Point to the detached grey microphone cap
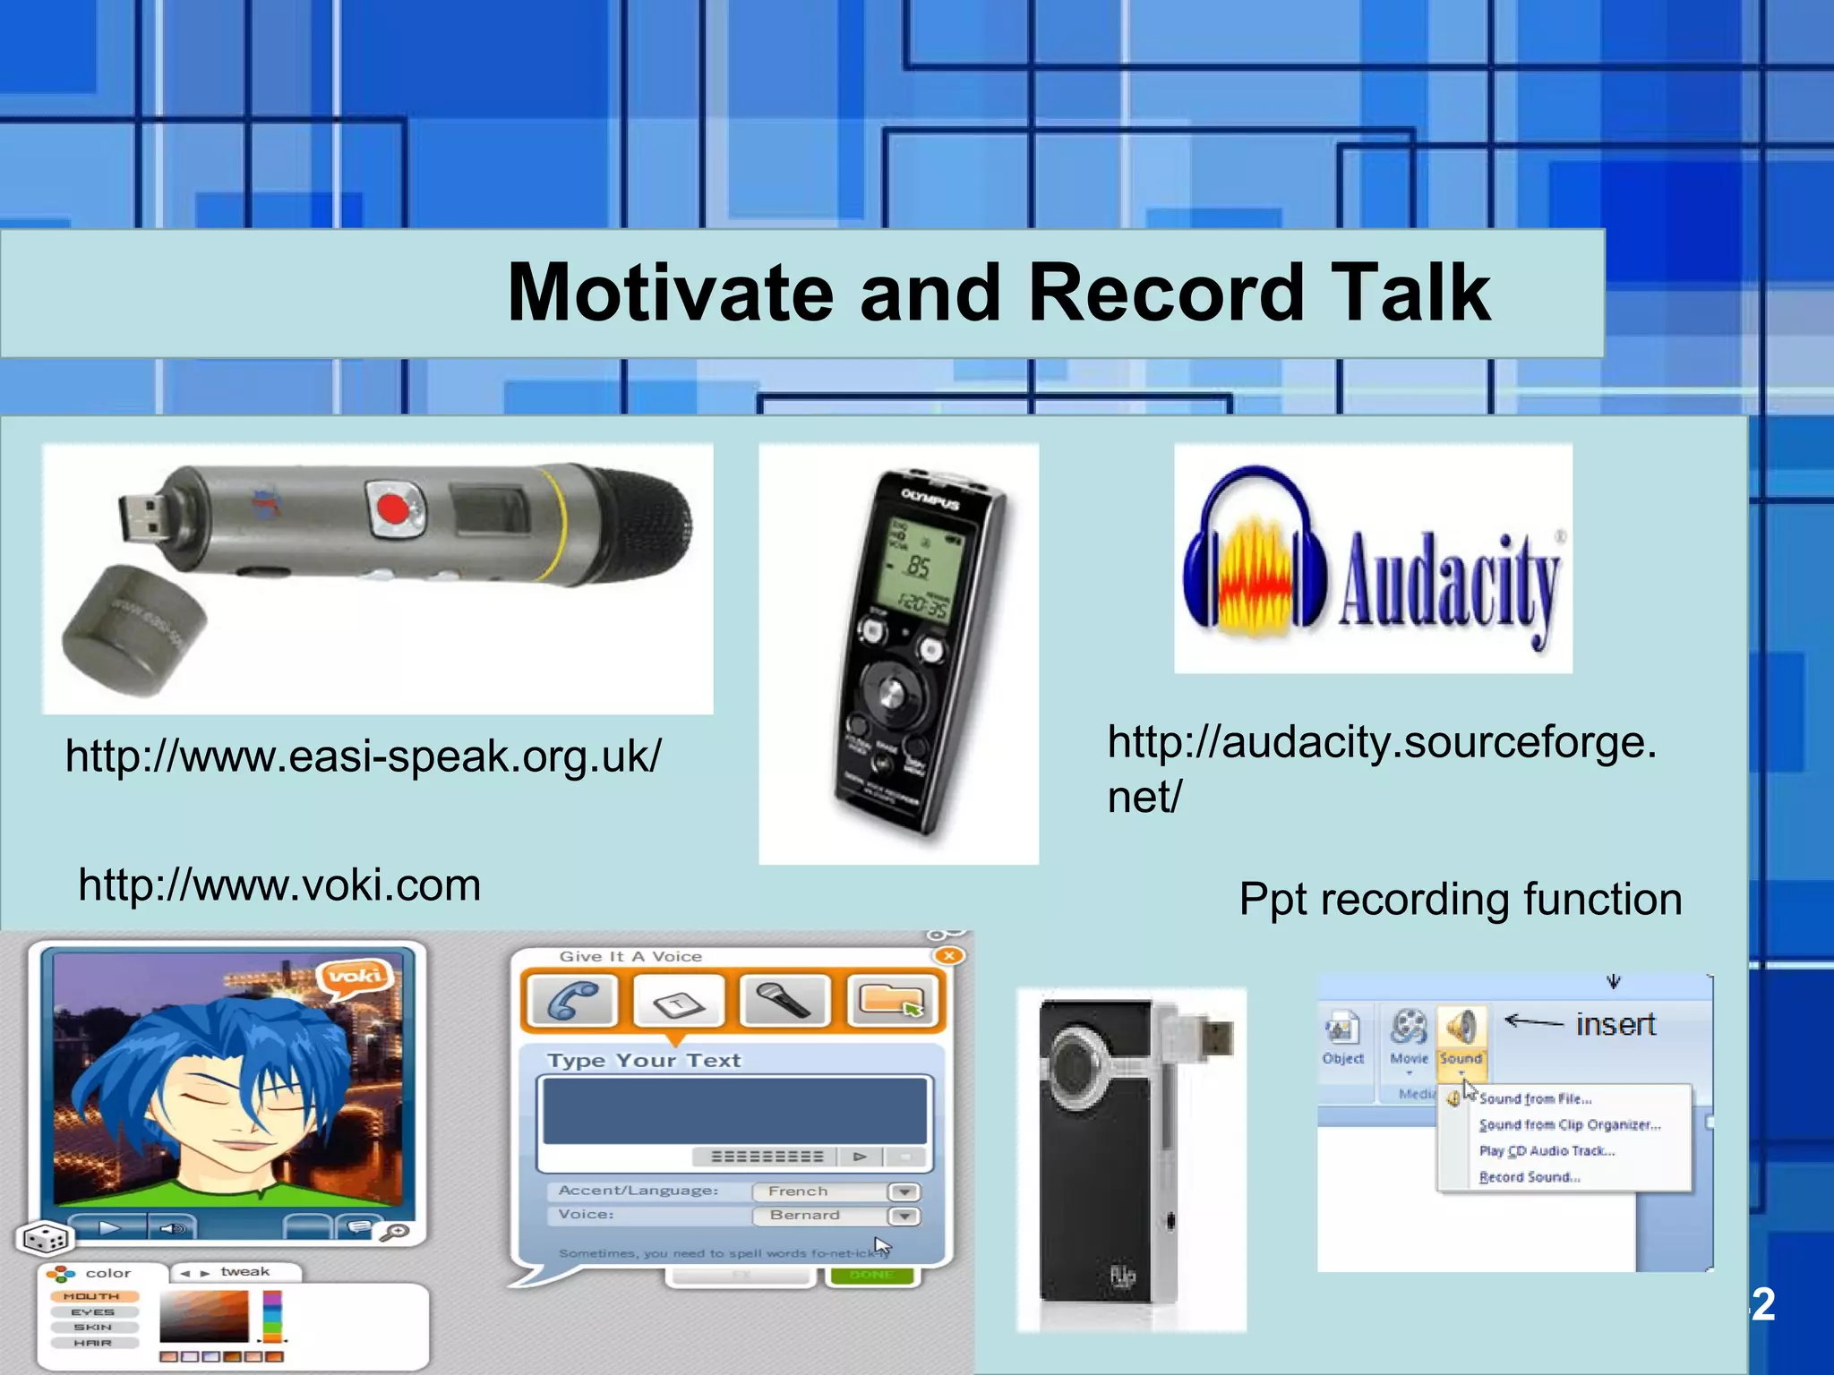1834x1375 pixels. (x=134, y=629)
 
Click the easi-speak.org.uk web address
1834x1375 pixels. (x=363, y=756)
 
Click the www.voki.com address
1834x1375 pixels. (x=279, y=885)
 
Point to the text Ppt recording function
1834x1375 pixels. (x=1460, y=899)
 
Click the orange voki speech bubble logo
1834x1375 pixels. (x=356, y=975)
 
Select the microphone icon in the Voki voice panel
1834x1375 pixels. (x=784, y=999)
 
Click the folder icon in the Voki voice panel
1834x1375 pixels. (x=890, y=999)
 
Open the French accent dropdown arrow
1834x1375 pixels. (x=904, y=1191)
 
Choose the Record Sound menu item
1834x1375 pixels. (x=1530, y=1177)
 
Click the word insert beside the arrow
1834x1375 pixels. (x=1615, y=1024)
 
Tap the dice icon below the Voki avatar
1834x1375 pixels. (x=43, y=1239)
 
